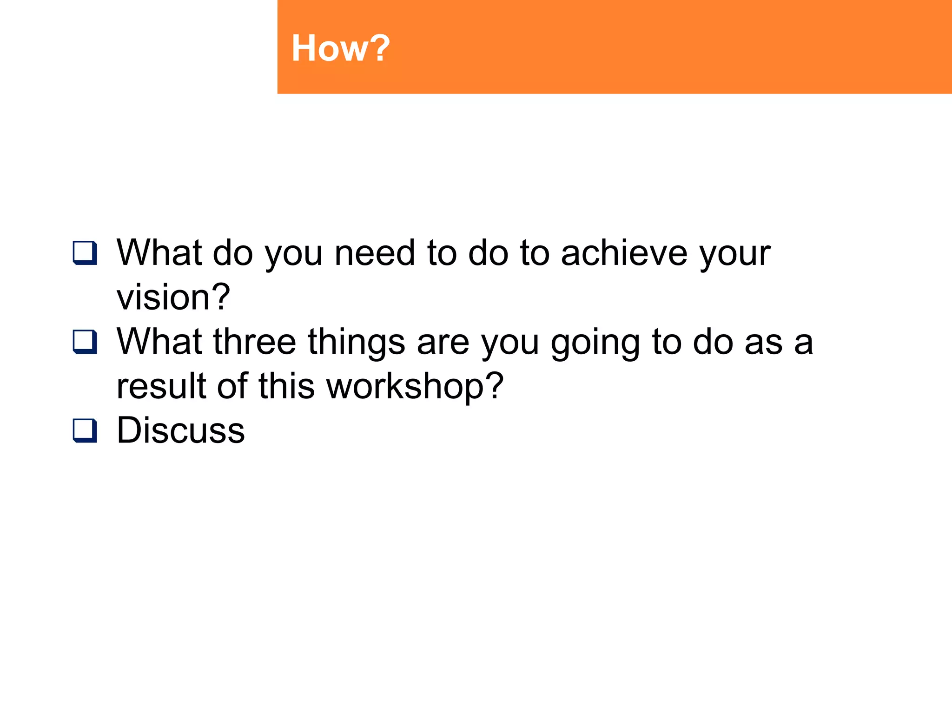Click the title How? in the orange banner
click(x=340, y=48)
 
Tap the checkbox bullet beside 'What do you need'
click(x=85, y=253)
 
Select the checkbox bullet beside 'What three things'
click(x=85, y=342)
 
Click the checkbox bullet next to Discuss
click(x=85, y=430)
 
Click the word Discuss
click(x=180, y=430)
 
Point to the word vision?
click(x=173, y=297)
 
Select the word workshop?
click(x=415, y=386)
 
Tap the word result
click(x=161, y=386)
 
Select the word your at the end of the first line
click(x=735, y=255)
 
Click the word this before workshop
click(x=286, y=386)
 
